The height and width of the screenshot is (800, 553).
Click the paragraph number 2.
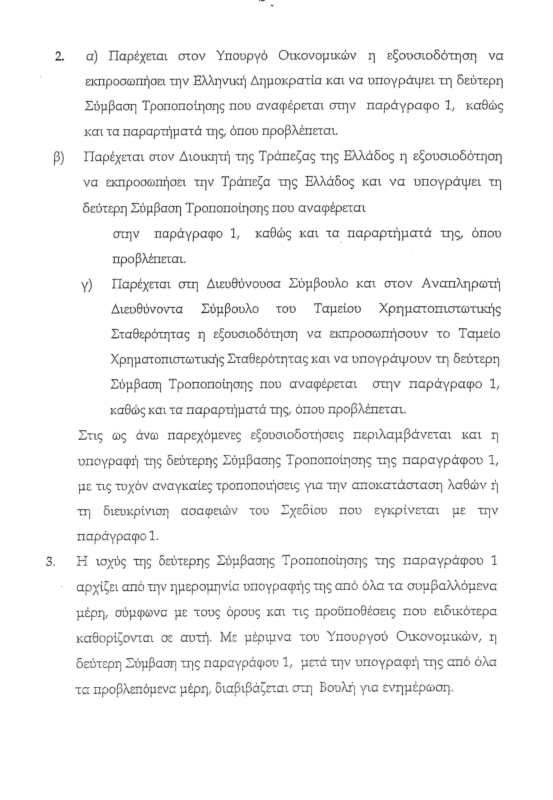point(59,57)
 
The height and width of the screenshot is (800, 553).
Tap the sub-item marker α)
point(92,57)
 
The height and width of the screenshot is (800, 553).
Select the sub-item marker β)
point(59,158)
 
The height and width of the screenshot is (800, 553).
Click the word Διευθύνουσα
point(244,284)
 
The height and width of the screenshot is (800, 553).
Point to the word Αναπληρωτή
point(461,284)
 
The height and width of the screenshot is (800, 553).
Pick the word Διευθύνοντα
point(147,309)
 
